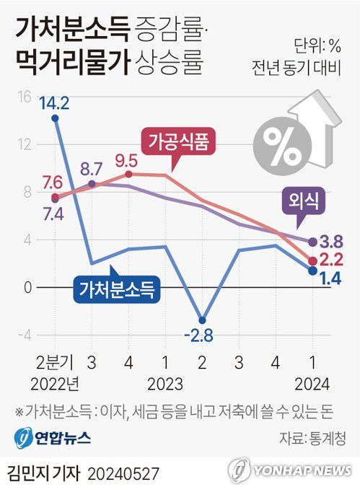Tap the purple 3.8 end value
tap(331, 242)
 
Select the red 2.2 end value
tap(331, 260)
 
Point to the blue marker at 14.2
tap(56, 118)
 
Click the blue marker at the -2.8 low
tap(203, 320)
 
